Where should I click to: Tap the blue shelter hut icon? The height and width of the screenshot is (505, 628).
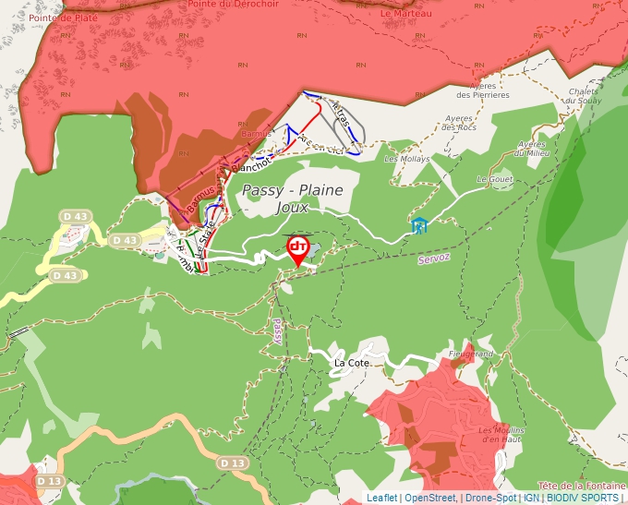(x=419, y=225)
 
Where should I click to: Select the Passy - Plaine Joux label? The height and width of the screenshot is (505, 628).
(x=292, y=198)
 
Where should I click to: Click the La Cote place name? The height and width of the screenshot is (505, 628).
(x=352, y=363)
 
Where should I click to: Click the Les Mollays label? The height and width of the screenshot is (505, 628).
(x=407, y=159)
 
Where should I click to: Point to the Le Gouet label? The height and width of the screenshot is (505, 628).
(x=494, y=178)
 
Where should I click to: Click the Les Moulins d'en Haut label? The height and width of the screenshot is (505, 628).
(x=501, y=435)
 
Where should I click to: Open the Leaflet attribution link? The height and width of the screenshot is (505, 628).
(x=381, y=498)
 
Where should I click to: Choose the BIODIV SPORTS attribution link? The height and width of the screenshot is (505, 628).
(x=583, y=498)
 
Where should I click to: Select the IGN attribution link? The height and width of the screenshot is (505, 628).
(x=532, y=498)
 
